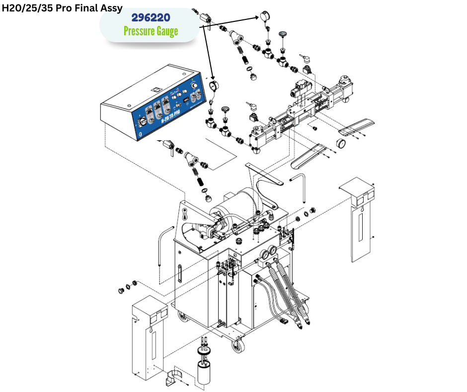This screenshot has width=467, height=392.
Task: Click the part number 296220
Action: point(151,18)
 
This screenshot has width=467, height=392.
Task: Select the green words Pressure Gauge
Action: point(151,32)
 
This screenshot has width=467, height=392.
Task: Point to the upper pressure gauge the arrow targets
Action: point(263,17)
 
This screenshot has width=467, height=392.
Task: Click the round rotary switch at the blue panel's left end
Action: point(142,121)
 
